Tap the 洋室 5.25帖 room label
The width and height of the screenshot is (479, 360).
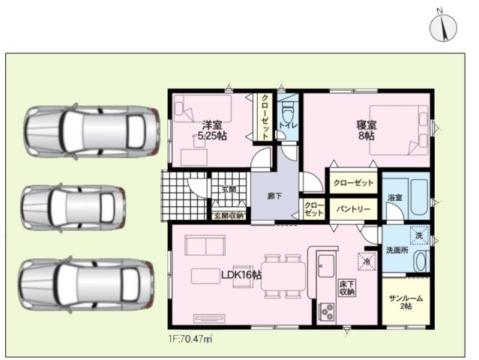pyautogui.click(x=212, y=130)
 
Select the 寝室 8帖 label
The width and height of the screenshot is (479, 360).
pyautogui.click(x=367, y=130)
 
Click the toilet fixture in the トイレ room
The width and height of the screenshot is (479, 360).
pyautogui.click(x=287, y=111)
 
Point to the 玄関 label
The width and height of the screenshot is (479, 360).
pyautogui.click(x=229, y=190)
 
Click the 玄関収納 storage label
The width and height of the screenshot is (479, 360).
pyautogui.click(x=229, y=215)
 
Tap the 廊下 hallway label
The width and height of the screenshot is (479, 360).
pyautogui.click(x=274, y=196)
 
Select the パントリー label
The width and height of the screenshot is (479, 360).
pyautogui.click(x=354, y=209)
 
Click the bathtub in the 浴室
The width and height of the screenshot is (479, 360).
pyautogui.click(x=419, y=196)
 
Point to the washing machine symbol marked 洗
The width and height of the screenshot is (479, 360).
pyautogui.click(x=420, y=235)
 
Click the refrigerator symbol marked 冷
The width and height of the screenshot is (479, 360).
pyautogui.click(x=367, y=261)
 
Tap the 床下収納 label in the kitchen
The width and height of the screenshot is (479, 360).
pyautogui.click(x=347, y=287)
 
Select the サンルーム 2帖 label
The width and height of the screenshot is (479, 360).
pyautogui.click(x=406, y=302)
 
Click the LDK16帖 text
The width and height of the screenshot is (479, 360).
pyautogui.click(x=241, y=275)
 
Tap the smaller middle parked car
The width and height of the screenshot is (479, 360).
pyautogui.click(x=73, y=207)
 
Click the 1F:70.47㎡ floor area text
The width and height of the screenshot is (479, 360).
pyautogui.click(x=190, y=338)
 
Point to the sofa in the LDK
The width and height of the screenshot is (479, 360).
pyautogui.click(x=205, y=245)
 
